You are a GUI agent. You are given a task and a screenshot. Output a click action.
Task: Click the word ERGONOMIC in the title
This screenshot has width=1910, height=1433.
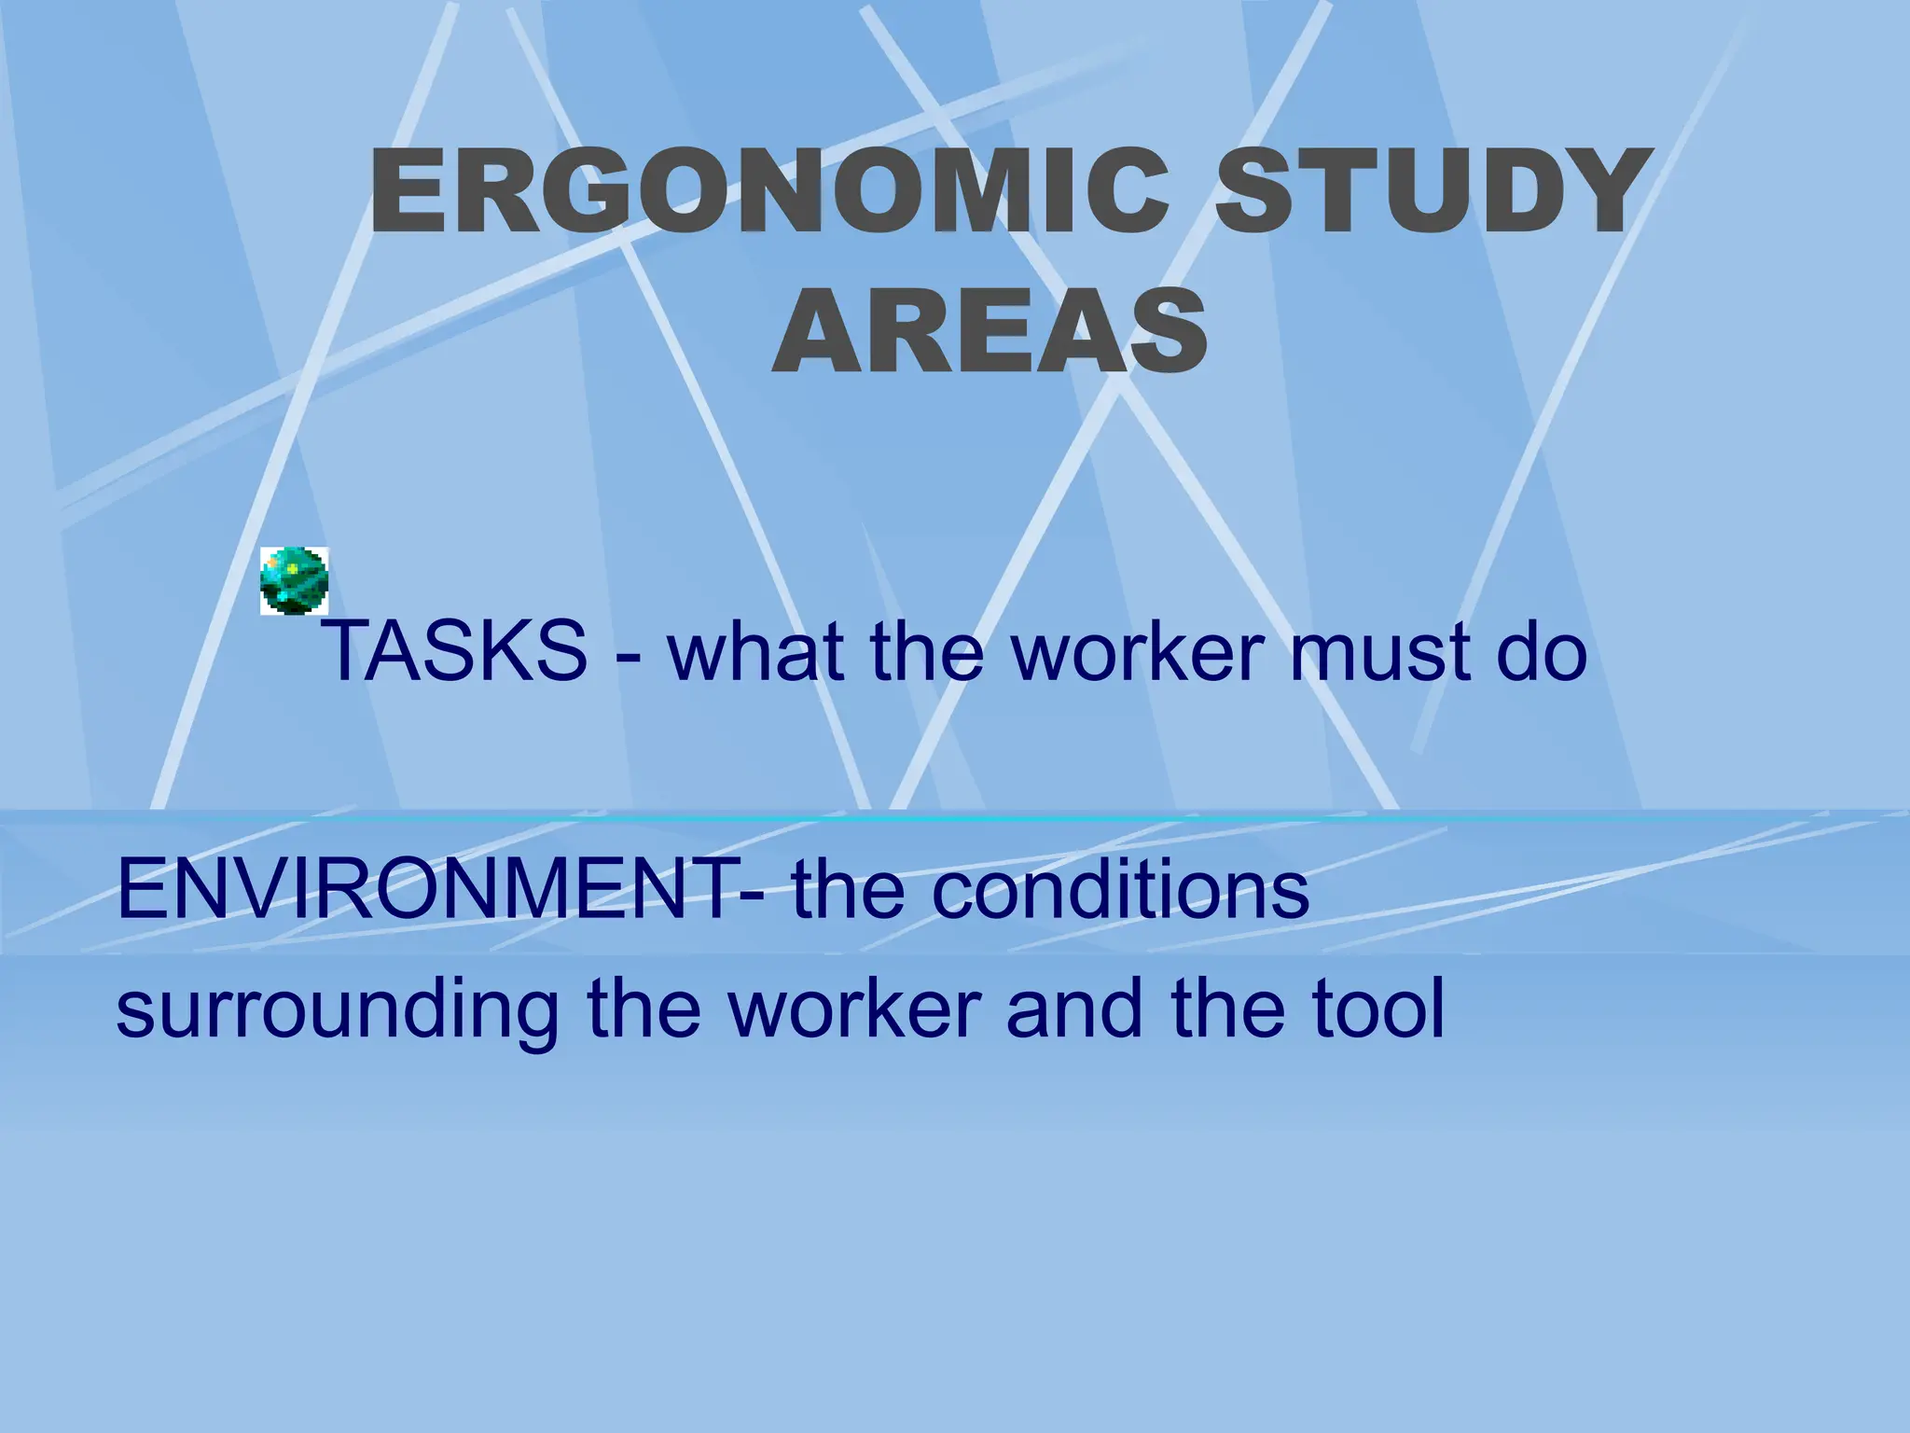768,193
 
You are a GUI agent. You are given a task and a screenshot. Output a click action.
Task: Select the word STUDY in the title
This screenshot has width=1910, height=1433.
1428,193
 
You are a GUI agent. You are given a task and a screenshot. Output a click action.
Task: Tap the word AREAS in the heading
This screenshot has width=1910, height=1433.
990,331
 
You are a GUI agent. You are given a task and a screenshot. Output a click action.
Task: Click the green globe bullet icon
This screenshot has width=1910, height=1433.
295,581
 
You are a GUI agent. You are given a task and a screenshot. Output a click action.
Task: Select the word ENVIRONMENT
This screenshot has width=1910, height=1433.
425,889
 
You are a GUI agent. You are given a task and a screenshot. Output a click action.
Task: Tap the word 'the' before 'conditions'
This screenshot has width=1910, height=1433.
849,889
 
